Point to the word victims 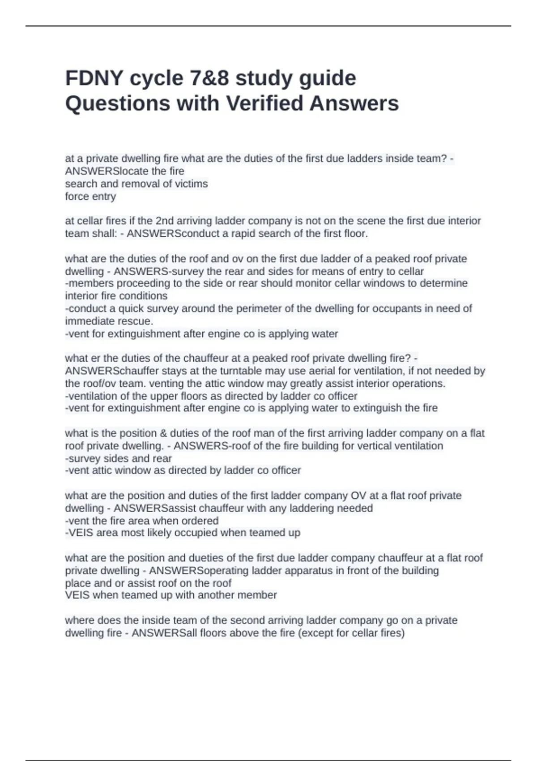tap(192, 184)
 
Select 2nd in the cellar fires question tap(163, 221)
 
